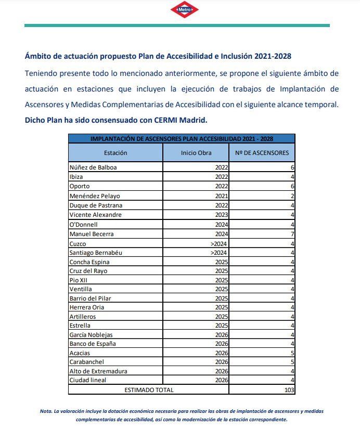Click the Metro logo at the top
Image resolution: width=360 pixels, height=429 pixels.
pyautogui.click(x=184, y=9)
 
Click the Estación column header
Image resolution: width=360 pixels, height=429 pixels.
pyautogui.click(x=115, y=153)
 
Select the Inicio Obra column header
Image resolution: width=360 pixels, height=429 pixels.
pyautogui.click(x=196, y=153)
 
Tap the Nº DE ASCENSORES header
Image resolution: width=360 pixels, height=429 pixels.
pyautogui.click(x=262, y=153)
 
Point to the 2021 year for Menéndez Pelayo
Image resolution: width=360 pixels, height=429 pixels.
pyautogui.click(x=221, y=196)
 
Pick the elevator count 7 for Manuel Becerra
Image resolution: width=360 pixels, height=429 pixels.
pyautogui.click(x=292, y=234)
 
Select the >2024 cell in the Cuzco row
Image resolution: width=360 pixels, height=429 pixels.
pyautogui.click(x=220, y=243)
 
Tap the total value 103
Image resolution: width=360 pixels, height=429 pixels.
pyautogui.click(x=289, y=389)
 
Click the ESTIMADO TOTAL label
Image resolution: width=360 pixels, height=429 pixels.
pyautogui.click(x=149, y=389)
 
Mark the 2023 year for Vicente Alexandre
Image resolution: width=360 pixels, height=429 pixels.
pyautogui.click(x=221, y=215)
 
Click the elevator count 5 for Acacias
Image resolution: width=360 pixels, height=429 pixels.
pyautogui.click(x=292, y=352)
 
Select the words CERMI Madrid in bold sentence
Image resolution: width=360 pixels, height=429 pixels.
pyautogui.click(x=179, y=120)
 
